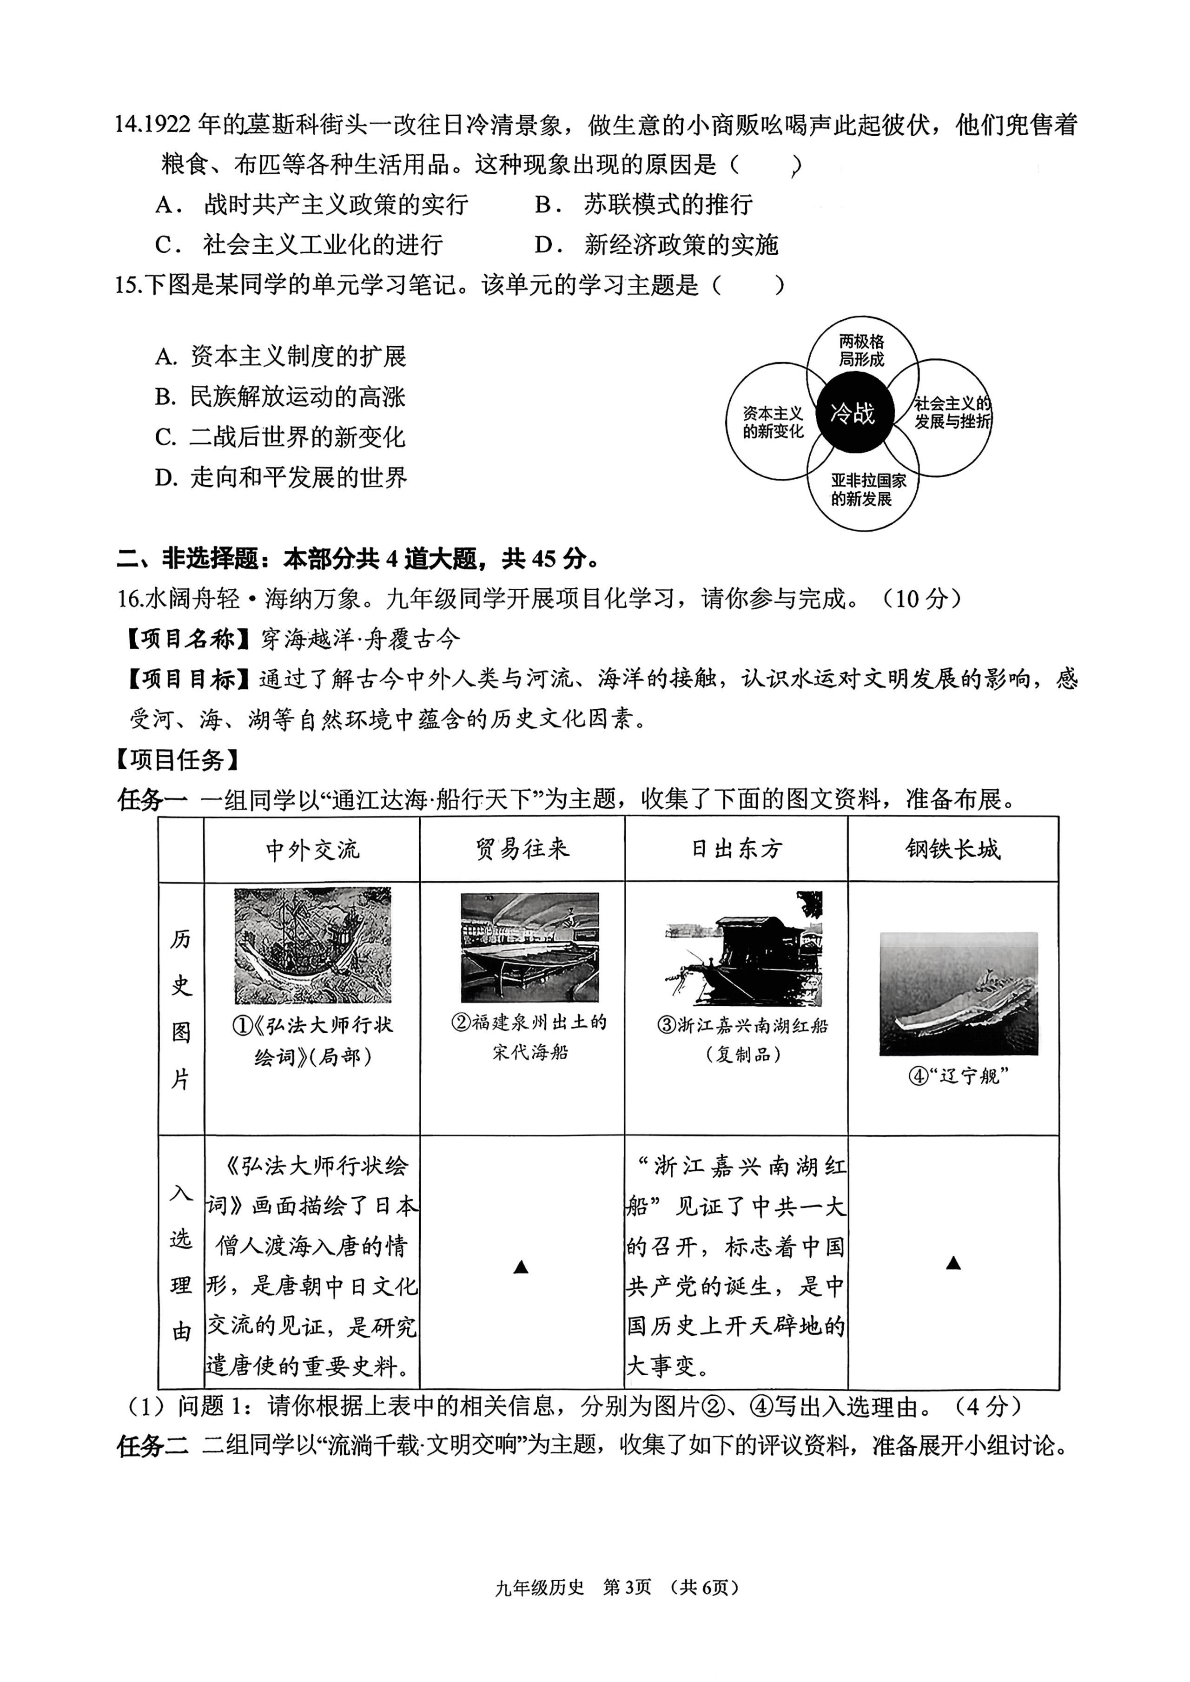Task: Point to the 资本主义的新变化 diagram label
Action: pos(773,422)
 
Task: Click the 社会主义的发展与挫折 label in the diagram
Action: pos(952,412)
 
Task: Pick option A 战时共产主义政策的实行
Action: pos(334,204)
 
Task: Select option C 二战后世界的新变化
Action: pos(296,437)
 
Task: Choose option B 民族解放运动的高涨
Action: pos(296,397)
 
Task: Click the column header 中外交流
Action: pos(312,850)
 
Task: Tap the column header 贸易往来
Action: pos(522,850)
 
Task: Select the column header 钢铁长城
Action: pos(952,850)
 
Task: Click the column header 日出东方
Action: pos(736,850)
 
